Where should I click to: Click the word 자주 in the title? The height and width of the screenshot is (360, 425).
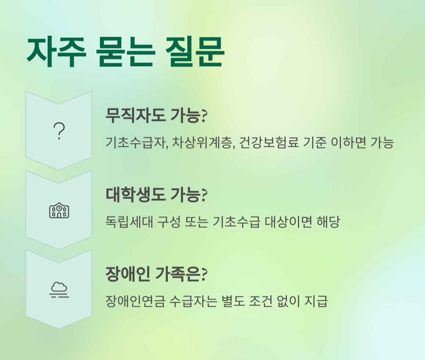pyautogui.click(x=55, y=52)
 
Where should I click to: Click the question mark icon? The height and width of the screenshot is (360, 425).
pyautogui.click(x=59, y=131)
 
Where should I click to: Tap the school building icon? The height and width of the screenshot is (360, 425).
pyautogui.click(x=59, y=210)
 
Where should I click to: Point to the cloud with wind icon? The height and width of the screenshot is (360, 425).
pyautogui.click(x=59, y=290)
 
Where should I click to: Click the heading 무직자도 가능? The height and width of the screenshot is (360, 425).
pyautogui.click(x=156, y=116)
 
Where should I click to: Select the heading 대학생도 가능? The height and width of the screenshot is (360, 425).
pyautogui.click(x=156, y=195)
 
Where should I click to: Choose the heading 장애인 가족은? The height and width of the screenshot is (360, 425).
pyautogui.click(x=156, y=274)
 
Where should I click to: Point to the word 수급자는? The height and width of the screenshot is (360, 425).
pyautogui.click(x=192, y=302)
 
